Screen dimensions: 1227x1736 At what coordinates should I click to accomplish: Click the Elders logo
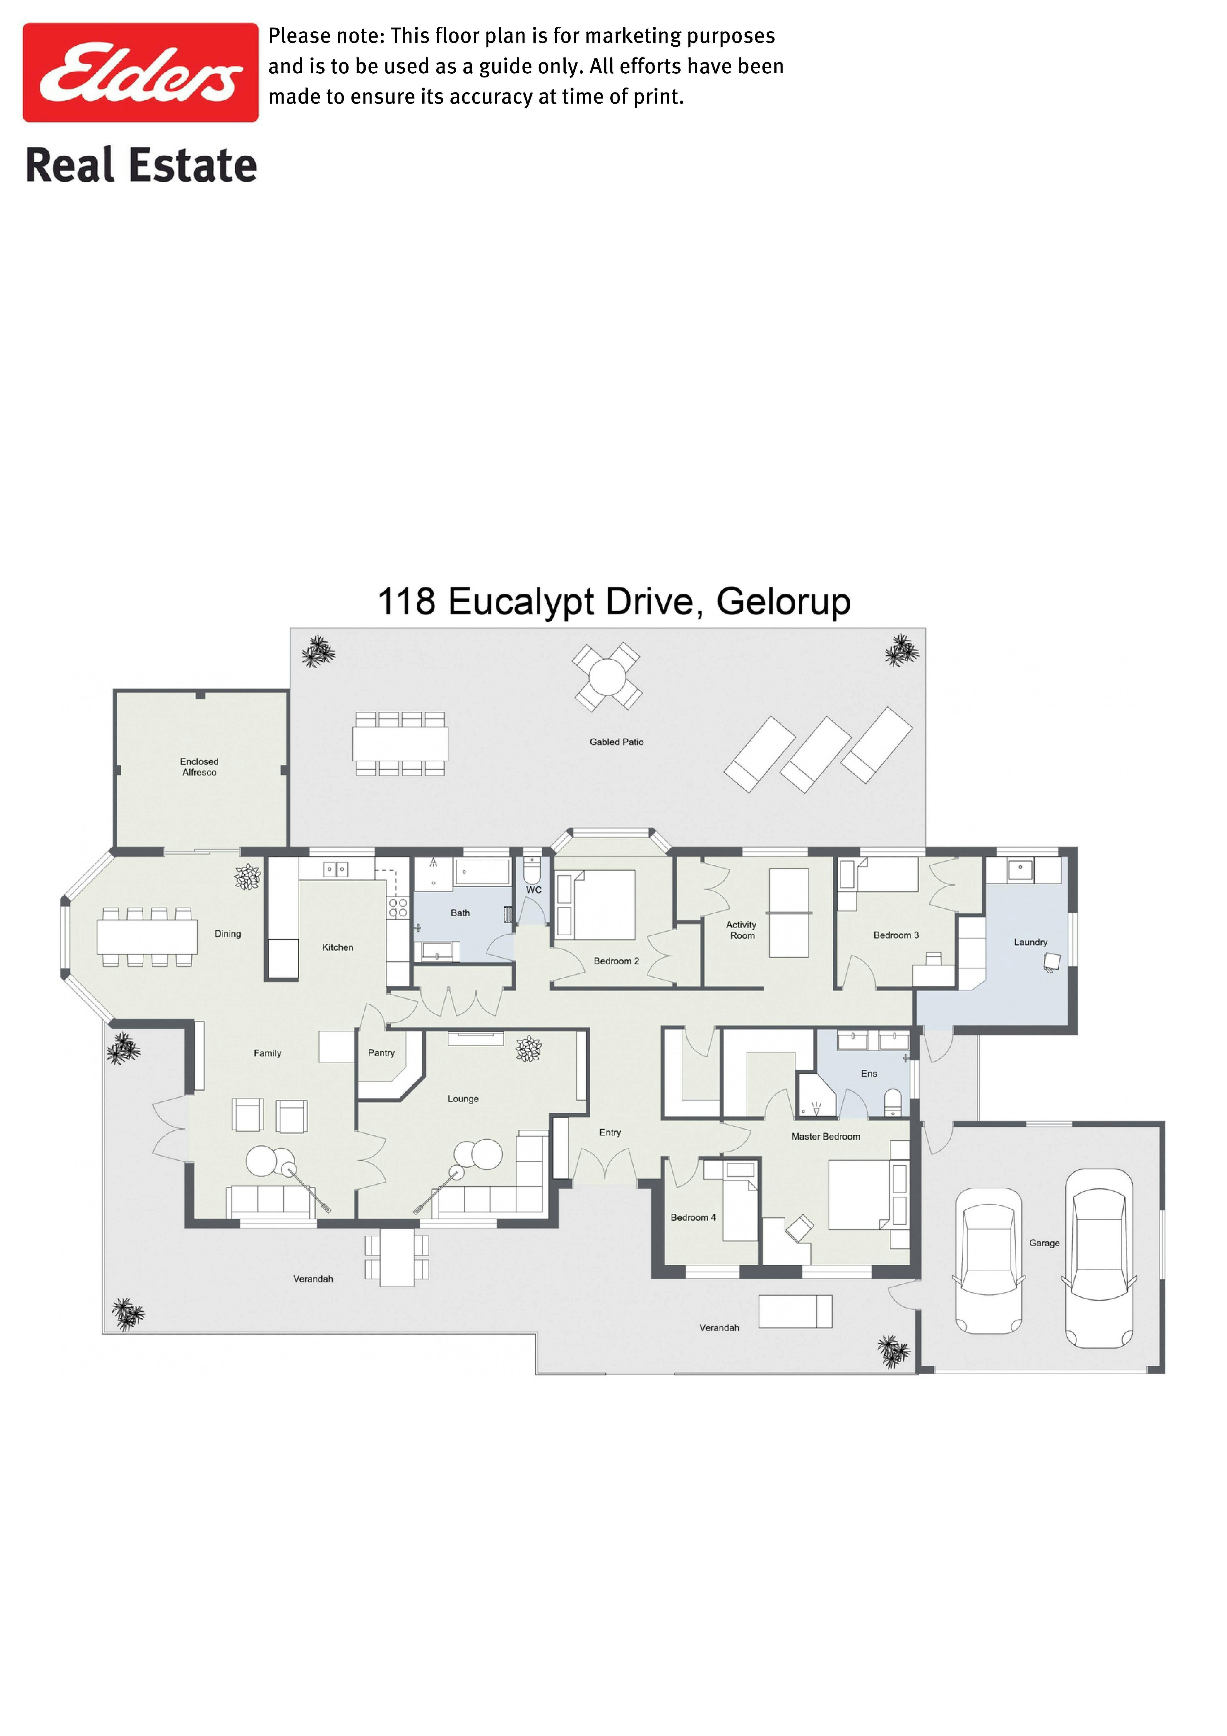coord(140,72)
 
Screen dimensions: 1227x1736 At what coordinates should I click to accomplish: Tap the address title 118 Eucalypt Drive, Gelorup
coord(614,603)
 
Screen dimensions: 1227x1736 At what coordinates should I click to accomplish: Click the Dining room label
coord(228,934)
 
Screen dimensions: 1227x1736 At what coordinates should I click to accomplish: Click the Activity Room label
coord(742,930)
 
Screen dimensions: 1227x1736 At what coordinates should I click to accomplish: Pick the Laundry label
coord(1030,942)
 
